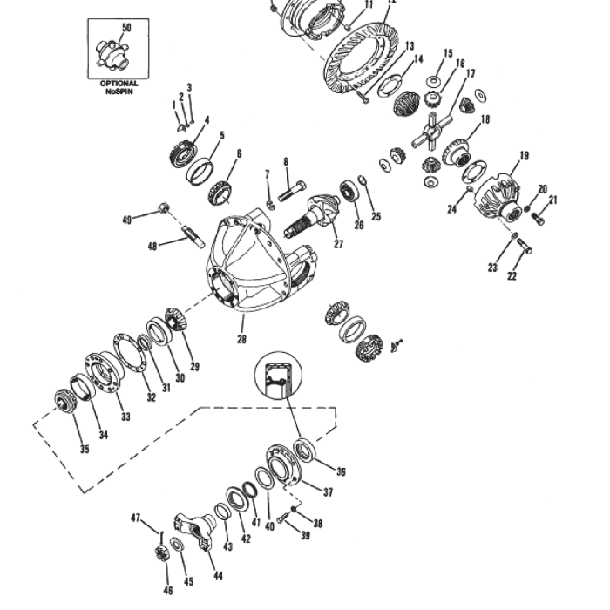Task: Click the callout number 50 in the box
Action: click(126, 28)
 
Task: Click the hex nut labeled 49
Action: click(163, 208)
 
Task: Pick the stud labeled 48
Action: click(193, 236)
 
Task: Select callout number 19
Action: click(524, 156)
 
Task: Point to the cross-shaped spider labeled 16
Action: click(433, 133)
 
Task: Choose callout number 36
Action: click(341, 471)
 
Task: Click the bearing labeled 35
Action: click(64, 401)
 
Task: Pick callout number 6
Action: click(239, 152)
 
